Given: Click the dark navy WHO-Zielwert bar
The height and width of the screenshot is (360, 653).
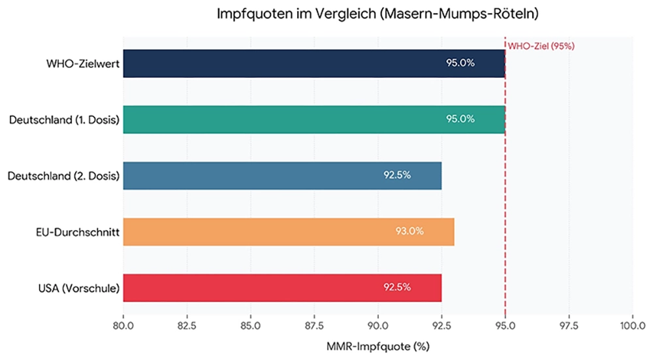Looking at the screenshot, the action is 314,63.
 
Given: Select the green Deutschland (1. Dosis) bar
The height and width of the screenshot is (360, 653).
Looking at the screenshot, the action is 314,120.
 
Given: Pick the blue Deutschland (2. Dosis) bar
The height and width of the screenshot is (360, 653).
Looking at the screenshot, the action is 282,176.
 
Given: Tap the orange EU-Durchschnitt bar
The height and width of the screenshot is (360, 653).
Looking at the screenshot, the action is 289,232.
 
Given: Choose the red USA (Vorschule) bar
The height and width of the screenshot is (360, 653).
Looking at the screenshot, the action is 282,288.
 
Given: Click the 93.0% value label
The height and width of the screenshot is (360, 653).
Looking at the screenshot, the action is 409,231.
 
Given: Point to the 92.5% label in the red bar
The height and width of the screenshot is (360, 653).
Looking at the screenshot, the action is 397,287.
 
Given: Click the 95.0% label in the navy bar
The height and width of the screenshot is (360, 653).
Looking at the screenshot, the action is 460,63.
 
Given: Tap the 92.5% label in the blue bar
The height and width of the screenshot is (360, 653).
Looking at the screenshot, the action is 397,175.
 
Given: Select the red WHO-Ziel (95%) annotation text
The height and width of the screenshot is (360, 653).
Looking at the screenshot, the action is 541,46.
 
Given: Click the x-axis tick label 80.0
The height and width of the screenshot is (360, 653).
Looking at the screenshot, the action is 123,326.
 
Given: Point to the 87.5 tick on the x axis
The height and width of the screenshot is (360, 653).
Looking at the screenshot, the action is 314,326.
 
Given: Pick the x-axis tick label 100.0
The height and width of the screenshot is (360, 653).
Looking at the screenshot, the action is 633,326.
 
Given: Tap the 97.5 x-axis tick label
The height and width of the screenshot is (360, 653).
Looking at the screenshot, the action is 569,326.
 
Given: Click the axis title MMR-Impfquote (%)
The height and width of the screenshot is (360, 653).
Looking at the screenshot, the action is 377,346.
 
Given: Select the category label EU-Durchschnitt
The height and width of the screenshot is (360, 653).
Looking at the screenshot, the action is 78,232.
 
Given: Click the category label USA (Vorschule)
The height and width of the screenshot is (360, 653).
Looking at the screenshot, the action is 79,288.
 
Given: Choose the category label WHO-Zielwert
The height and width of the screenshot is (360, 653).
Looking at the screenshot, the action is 83,64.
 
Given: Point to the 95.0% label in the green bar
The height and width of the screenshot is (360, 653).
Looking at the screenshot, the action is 460,119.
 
